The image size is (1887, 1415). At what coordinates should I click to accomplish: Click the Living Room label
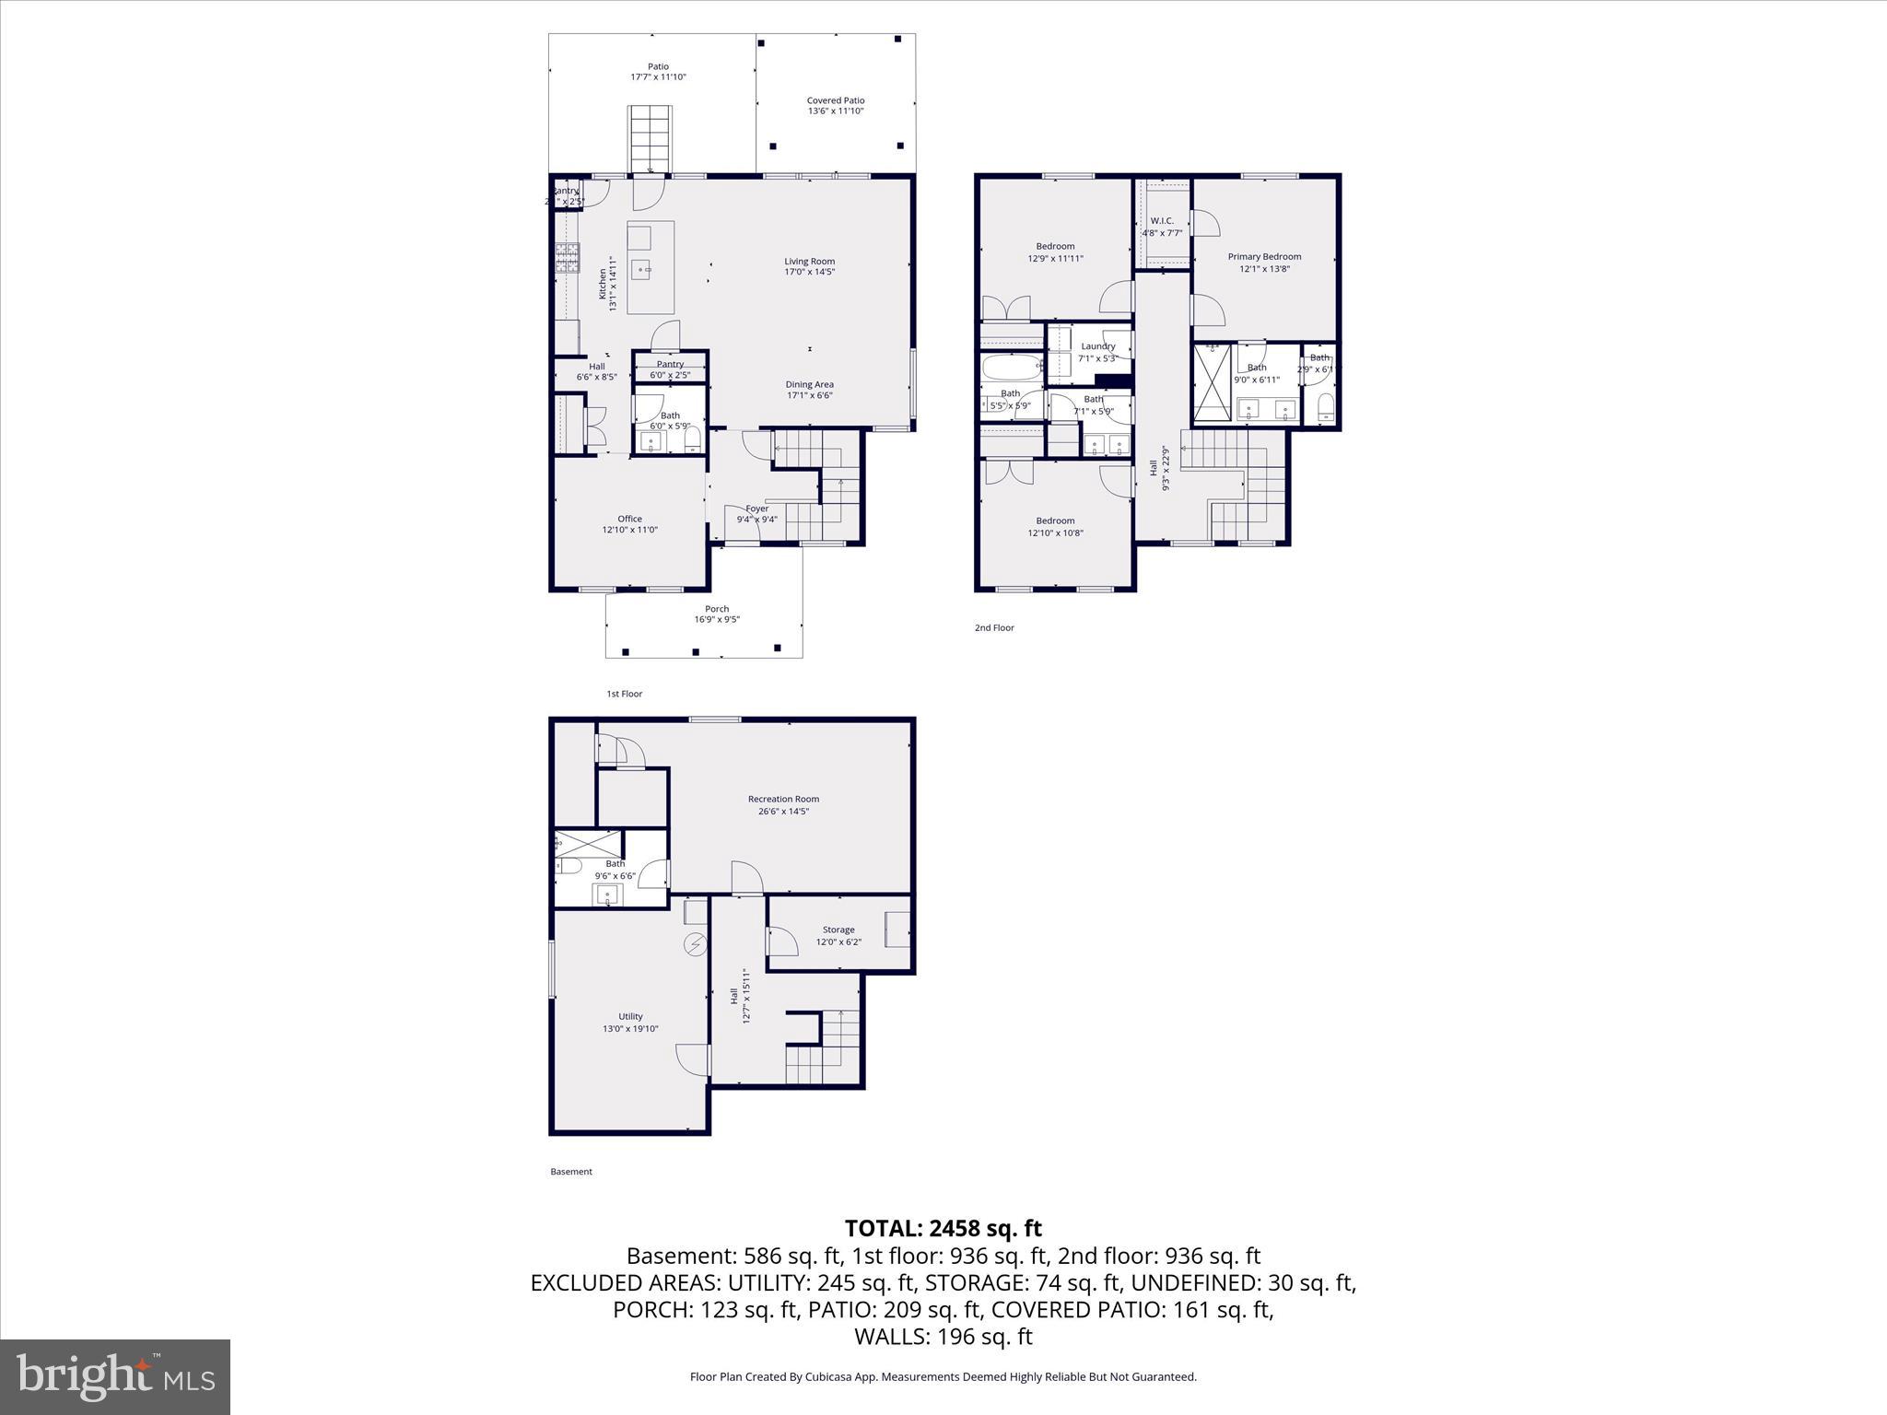coord(809,266)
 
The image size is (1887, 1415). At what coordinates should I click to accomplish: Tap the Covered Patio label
coord(835,105)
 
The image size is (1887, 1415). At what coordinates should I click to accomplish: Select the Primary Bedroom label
coord(1264,263)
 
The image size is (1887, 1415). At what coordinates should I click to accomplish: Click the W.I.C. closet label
coord(1162,227)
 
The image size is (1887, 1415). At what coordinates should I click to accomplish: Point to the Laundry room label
coord(1097,352)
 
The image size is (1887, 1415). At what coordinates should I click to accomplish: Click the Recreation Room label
coord(783,805)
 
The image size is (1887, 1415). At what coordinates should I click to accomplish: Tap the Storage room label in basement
coord(838,935)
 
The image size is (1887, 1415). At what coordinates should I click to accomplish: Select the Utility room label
coord(630,1023)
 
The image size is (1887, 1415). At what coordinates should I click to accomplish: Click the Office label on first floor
coord(630,524)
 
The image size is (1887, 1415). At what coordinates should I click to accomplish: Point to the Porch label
coord(717,614)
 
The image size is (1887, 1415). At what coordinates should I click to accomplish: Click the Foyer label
coord(756,513)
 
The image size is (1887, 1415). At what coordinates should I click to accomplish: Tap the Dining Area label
coord(810,390)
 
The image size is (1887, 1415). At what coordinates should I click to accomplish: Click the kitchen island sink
coord(641,270)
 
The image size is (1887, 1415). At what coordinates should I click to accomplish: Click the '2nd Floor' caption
coord(994,627)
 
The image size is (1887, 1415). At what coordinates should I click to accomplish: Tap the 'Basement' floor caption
coord(571,1172)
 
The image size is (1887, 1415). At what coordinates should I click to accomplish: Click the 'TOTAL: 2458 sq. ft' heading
coord(943,1228)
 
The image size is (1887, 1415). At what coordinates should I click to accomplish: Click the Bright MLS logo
coord(115,1376)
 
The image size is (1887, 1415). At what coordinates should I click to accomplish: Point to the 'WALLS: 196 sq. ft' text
coord(943,1336)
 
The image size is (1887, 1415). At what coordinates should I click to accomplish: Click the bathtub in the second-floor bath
coord(1011,368)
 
